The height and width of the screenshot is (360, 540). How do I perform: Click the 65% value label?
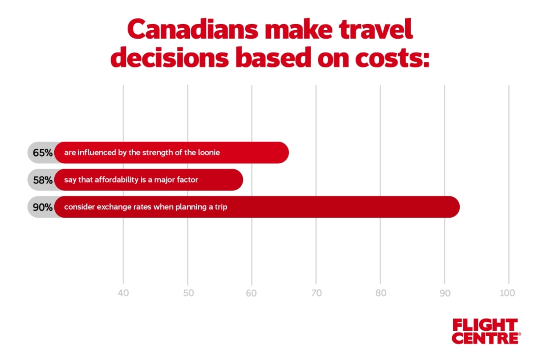(x=43, y=153)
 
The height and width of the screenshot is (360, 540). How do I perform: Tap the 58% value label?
(x=43, y=180)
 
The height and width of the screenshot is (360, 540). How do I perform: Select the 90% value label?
(x=43, y=207)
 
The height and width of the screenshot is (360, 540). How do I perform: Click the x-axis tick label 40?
(x=123, y=293)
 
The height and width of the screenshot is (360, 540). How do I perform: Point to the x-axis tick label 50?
(x=188, y=293)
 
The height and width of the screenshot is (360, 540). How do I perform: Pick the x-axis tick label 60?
(x=251, y=293)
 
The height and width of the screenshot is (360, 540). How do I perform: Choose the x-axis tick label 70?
(x=316, y=293)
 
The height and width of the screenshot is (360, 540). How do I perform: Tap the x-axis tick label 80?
(x=381, y=293)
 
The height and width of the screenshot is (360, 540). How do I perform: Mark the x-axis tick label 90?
(x=445, y=293)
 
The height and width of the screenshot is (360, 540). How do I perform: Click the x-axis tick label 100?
(x=507, y=293)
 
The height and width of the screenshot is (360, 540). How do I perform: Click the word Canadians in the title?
(x=193, y=30)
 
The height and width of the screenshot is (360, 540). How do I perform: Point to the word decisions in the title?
(x=169, y=58)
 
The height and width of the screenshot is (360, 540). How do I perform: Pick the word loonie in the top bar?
(x=209, y=153)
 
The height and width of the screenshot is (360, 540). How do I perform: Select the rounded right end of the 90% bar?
(x=452, y=207)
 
